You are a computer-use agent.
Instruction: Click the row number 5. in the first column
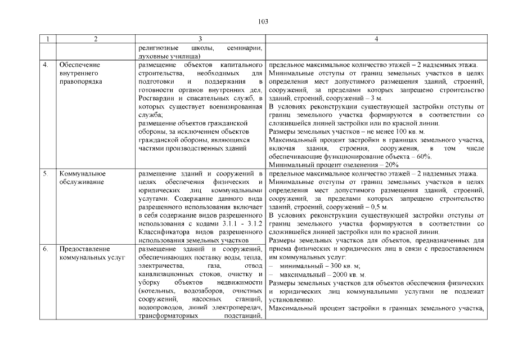click(x=46, y=174)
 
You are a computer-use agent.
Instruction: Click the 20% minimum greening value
click(x=389, y=165)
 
